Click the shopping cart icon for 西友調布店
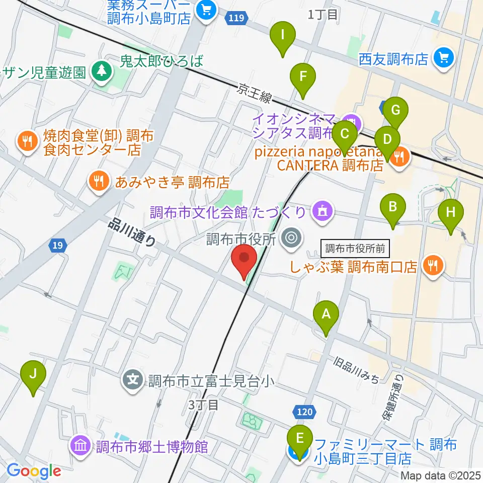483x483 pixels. coord(443,58)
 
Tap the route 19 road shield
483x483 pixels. coord(57,246)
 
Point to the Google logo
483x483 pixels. coord(34,471)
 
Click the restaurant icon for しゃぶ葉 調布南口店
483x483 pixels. coord(432,266)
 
